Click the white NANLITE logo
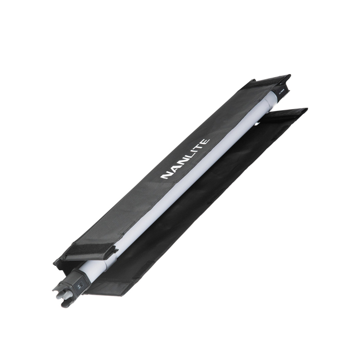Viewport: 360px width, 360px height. tap(185, 158)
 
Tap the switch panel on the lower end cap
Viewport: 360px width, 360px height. tap(81, 285)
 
